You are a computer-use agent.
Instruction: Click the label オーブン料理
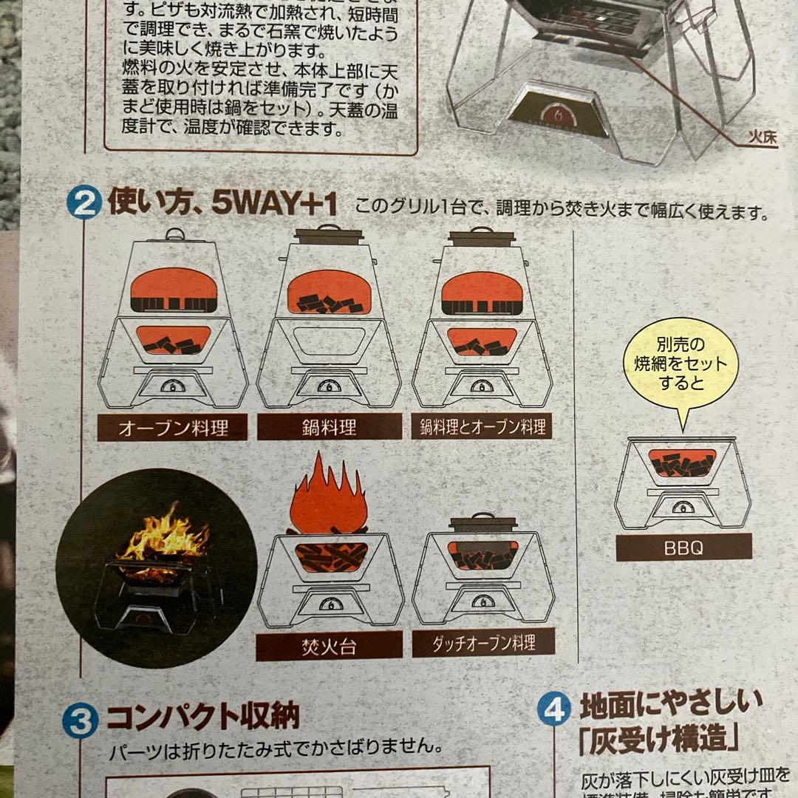point(172,428)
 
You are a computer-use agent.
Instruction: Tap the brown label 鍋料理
point(330,426)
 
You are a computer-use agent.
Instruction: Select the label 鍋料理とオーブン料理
point(482,426)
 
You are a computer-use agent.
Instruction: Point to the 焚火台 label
point(329,647)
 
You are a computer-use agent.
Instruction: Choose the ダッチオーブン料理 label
point(483,642)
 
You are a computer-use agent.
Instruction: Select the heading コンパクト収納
point(202,716)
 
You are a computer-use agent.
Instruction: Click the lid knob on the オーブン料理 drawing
point(174,234)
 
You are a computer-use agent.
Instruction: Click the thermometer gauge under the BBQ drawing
point(683,508)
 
